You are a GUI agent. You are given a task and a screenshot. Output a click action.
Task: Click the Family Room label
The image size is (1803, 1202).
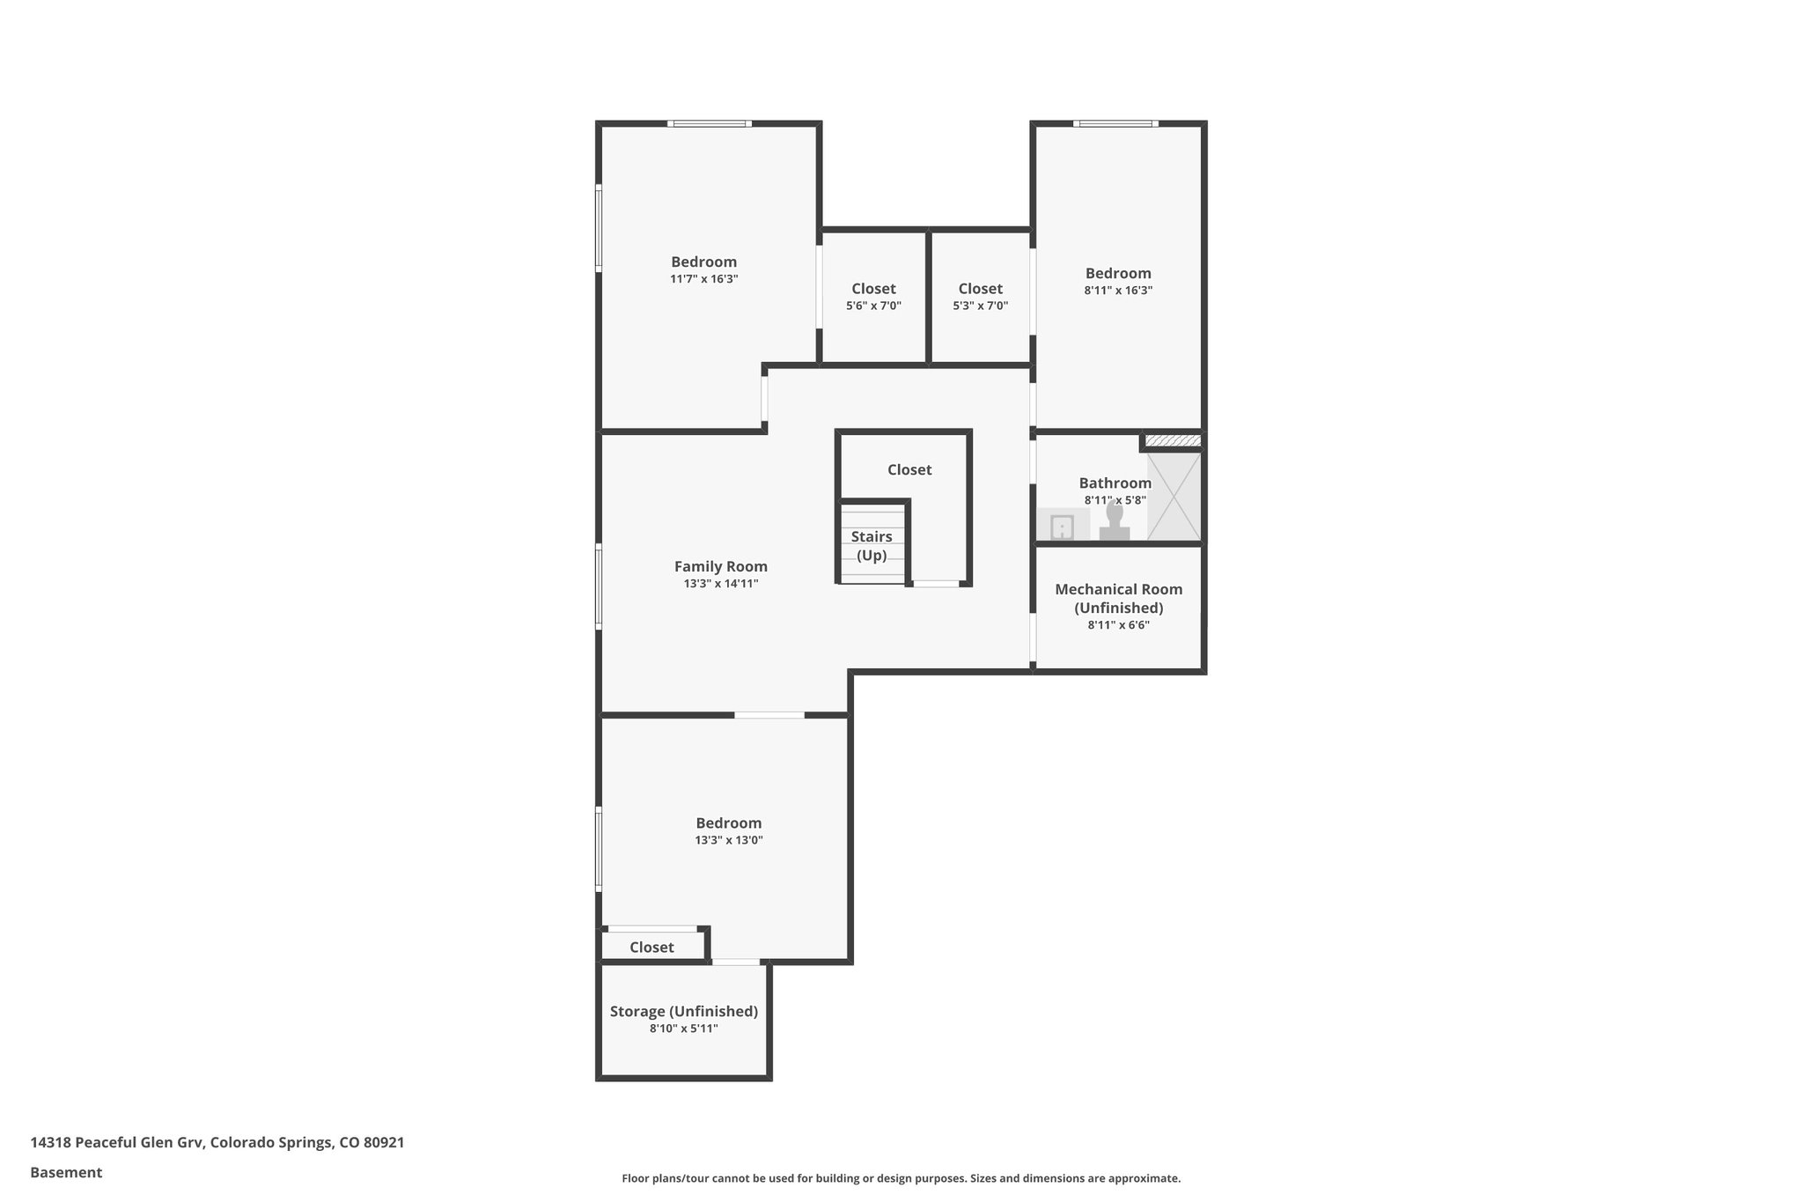720,566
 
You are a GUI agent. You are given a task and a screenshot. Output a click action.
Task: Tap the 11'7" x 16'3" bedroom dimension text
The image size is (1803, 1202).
703,279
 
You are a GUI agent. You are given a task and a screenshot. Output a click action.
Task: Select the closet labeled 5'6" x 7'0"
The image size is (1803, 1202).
873,297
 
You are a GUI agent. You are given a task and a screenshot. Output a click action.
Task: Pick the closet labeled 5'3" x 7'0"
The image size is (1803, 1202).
980,297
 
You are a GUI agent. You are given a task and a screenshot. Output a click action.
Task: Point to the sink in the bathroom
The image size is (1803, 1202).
1063,527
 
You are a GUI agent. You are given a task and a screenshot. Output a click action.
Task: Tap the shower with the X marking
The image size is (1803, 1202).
1174,496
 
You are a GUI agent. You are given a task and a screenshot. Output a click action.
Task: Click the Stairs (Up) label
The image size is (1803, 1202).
872,545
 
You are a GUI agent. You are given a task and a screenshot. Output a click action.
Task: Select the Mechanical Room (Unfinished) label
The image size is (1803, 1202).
1118,598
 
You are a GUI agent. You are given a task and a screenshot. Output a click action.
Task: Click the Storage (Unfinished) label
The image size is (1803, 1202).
683,1011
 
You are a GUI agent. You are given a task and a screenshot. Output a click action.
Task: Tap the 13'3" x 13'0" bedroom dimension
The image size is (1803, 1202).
728,840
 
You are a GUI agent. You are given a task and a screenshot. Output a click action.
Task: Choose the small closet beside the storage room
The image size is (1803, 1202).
651,947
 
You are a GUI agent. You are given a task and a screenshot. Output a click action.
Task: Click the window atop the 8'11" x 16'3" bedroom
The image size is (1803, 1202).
1115,123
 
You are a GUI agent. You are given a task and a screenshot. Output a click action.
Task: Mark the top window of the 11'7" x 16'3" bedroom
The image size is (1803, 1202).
709,123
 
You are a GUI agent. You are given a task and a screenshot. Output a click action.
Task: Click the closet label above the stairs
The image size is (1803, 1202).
909,469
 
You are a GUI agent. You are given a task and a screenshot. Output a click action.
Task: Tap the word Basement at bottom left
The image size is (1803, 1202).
66,1172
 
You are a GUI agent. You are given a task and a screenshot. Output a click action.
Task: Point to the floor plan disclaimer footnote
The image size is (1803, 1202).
901,1178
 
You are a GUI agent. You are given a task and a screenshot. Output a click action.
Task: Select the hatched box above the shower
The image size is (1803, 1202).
1172,440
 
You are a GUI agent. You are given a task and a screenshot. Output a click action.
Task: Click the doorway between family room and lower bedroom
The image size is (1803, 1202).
769,714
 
